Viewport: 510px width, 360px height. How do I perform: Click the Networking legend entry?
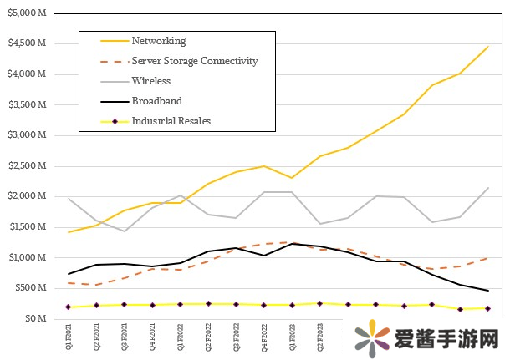tap(158, 41)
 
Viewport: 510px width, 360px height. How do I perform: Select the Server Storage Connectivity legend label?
tap(194, 61)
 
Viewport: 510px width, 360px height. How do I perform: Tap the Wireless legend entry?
tap(150, 81)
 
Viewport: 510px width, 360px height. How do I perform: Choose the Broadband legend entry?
tap(156, 101)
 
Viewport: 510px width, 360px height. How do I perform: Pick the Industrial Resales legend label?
tap(171, 121)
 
